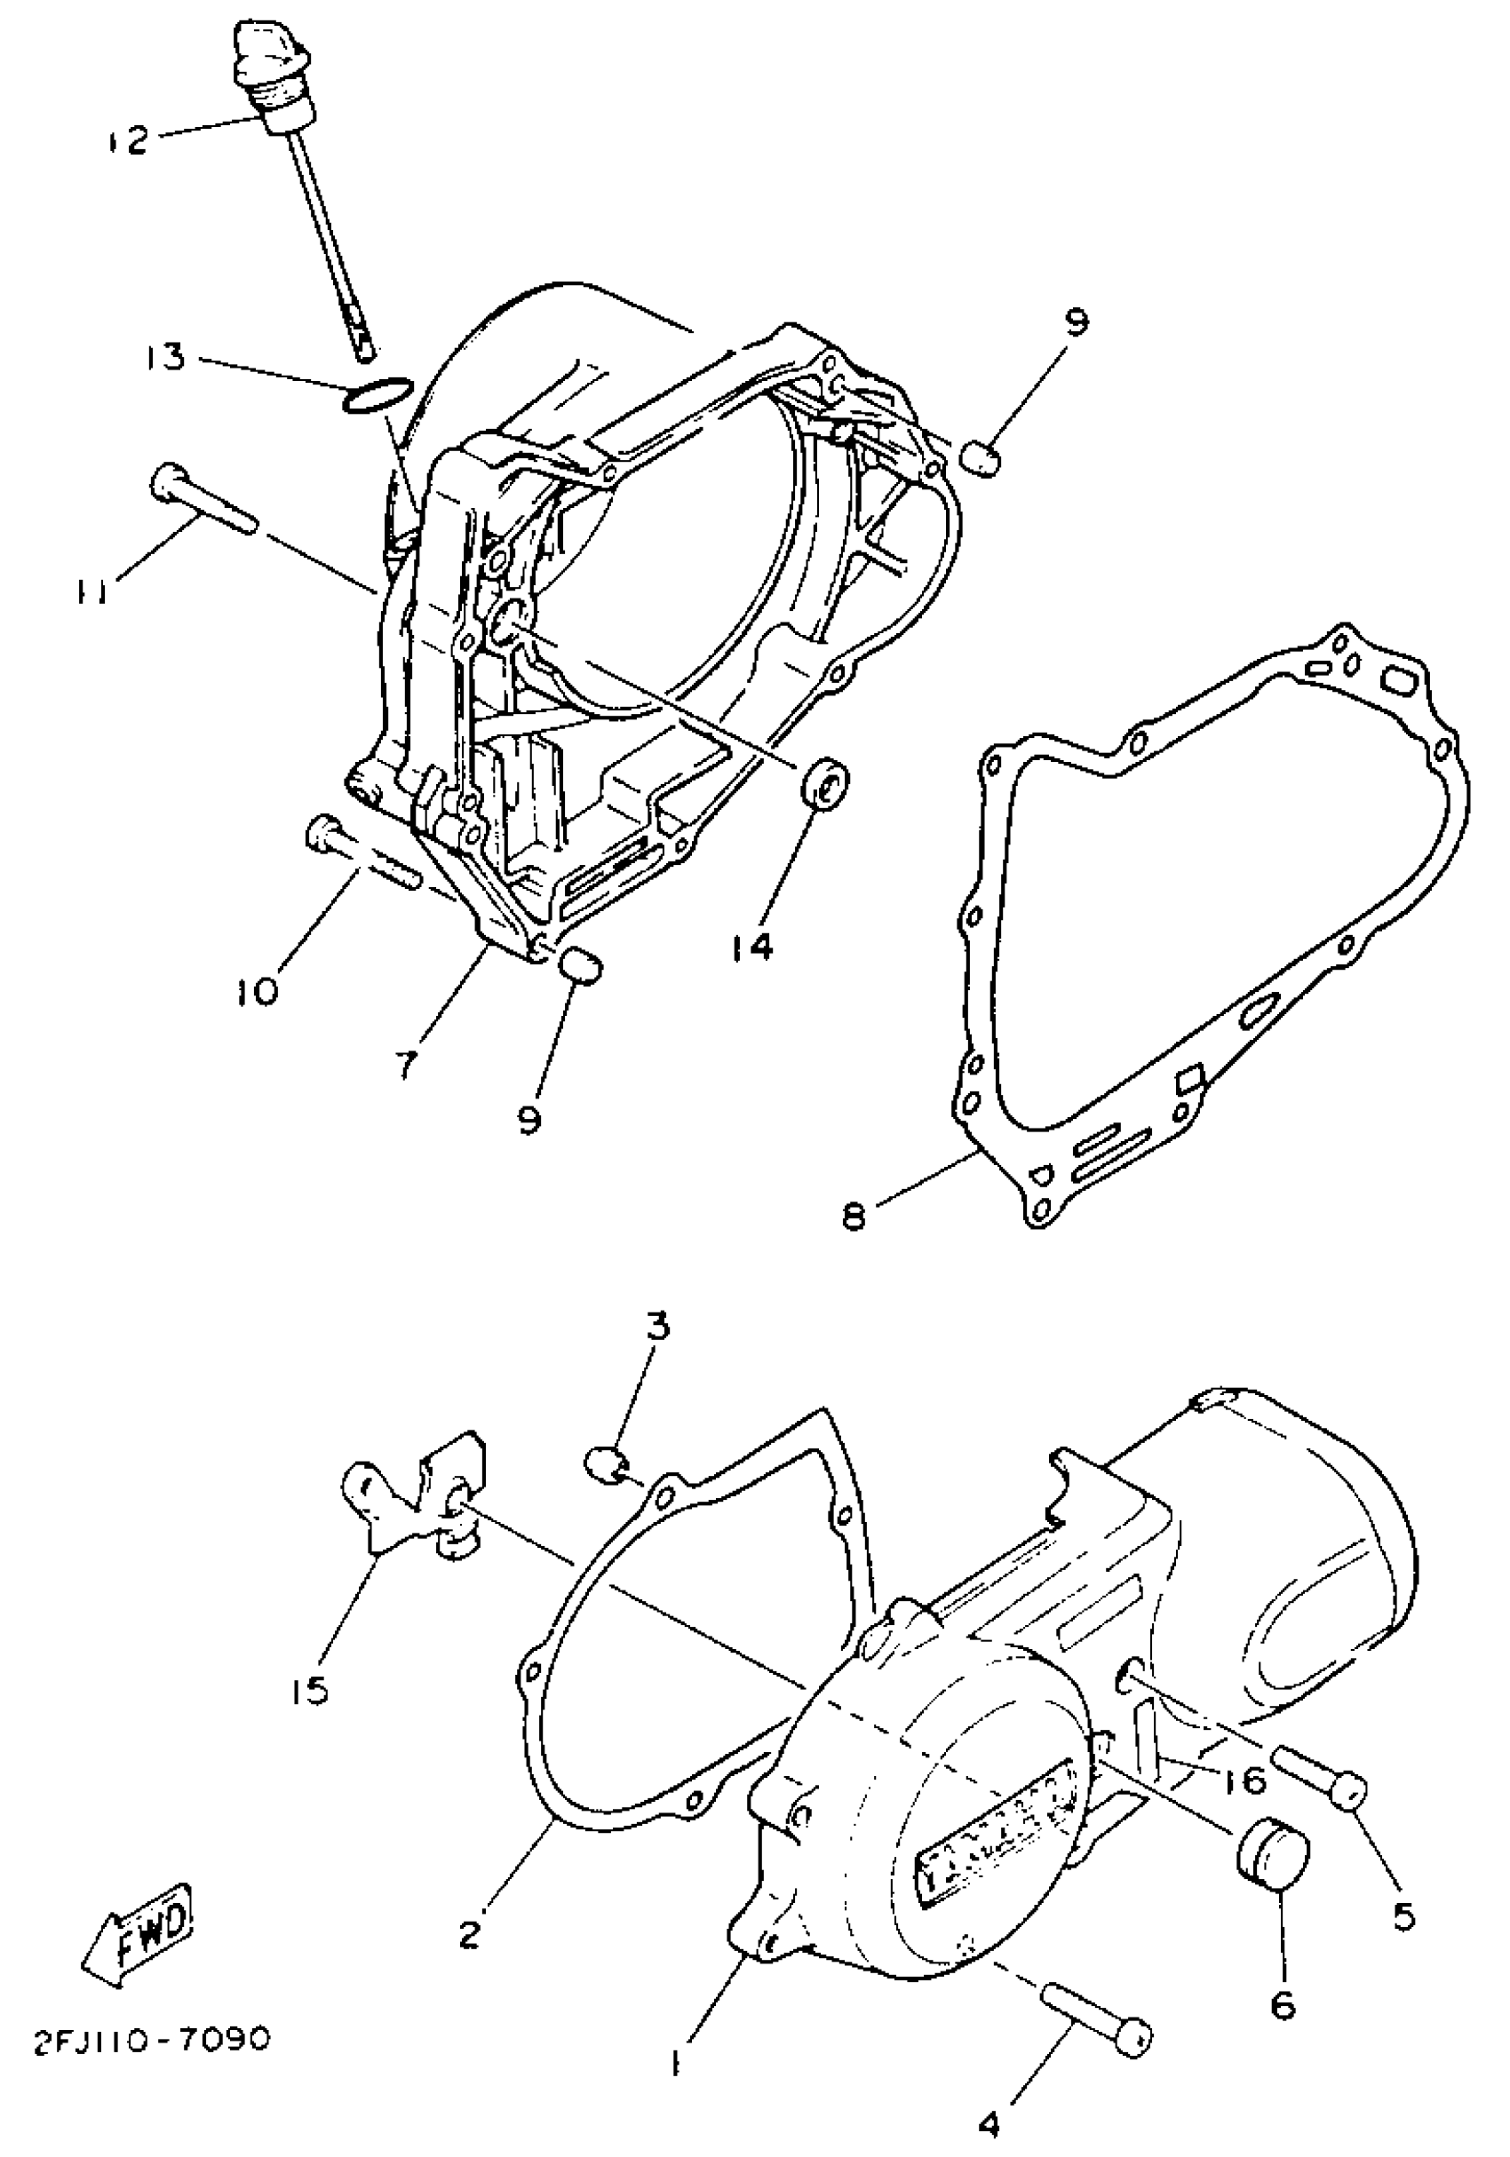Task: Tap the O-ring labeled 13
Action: pos(376,394)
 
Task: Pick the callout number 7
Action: pos(406,1065)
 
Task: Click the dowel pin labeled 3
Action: pos(602,1462)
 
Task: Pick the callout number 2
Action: pos(472,1934)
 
